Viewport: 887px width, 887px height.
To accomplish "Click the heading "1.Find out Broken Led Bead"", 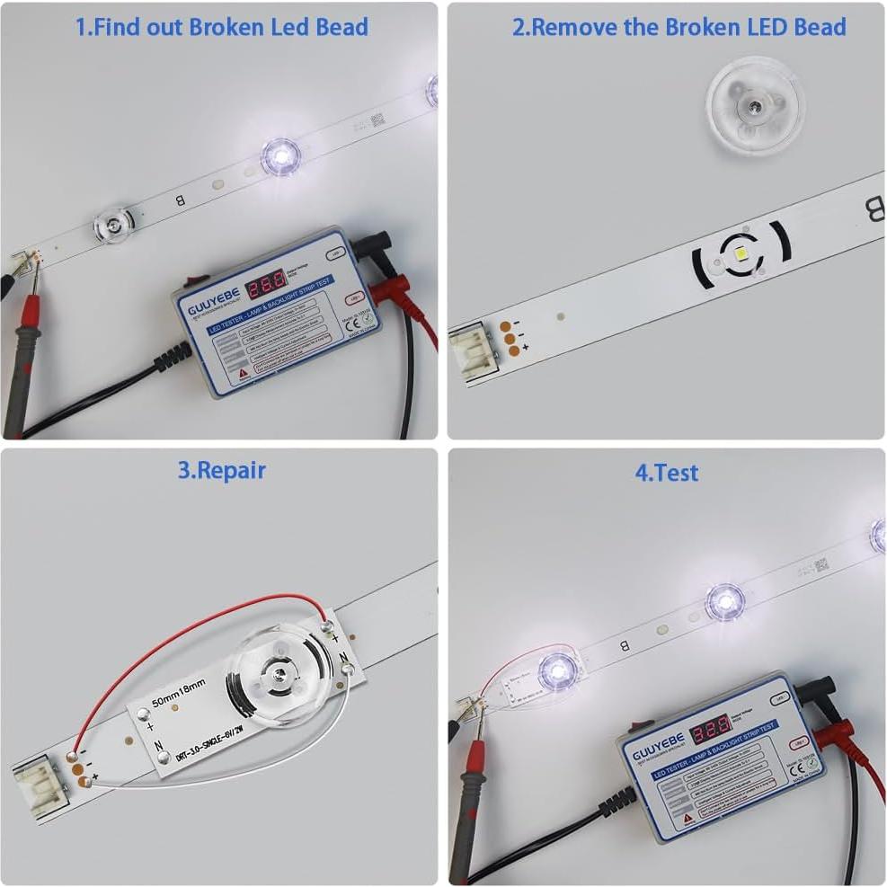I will coord(221,27).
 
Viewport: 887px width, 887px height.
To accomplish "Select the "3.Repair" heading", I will coord(221,470).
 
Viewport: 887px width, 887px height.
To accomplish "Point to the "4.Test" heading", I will coord(666,473).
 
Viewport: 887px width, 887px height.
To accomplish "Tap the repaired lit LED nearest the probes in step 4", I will coord(556,670).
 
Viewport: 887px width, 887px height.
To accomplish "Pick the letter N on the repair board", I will coord(158,744).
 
